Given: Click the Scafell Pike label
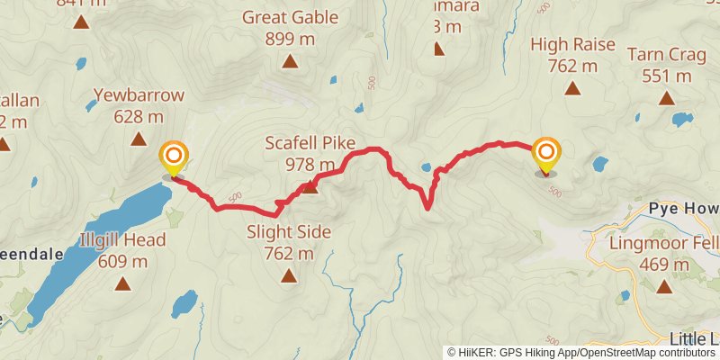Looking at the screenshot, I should [310, 143].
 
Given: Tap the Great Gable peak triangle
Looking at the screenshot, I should [290, 61].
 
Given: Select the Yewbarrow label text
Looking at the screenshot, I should [139, 94].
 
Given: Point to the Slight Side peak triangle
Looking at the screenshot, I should [289, 276].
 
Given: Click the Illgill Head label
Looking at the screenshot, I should [122, 240].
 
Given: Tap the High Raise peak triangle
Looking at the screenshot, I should [572, 87].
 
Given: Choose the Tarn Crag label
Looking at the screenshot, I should [667, 54].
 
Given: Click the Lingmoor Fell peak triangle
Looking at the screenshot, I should [664, 286].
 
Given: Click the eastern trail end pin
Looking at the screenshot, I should [545, 154].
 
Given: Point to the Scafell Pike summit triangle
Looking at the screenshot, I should [310, 187].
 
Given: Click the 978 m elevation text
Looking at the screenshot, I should [310, 165].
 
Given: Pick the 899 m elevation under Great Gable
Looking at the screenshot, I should [290, 39].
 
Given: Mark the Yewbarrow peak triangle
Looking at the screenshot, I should [139, 139].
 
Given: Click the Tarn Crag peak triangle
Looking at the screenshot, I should [667, 98].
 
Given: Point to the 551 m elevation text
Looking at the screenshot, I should [667, 76].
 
